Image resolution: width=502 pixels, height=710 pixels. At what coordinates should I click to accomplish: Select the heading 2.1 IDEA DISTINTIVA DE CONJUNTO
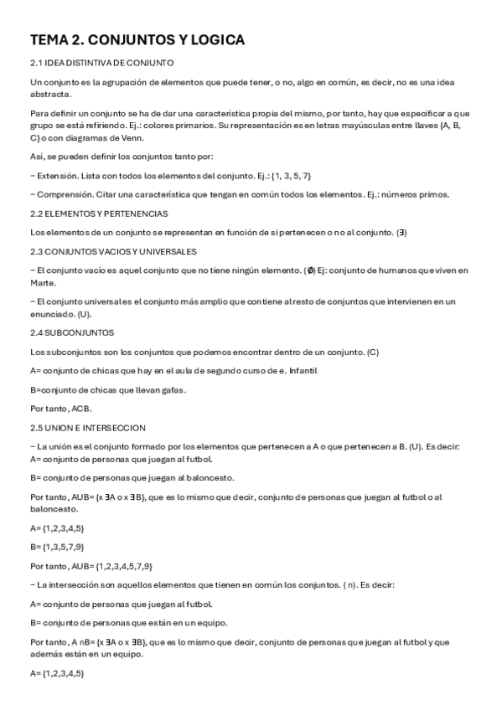click(x=101, y=63)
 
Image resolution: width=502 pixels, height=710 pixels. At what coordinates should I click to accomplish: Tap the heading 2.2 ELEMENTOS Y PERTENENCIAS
click(x=98, y=214)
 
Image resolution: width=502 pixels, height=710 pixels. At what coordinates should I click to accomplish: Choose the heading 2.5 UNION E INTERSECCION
click(x=87, y=427)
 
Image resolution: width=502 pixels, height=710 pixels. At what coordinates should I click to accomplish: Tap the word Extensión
click(x=56, y=175)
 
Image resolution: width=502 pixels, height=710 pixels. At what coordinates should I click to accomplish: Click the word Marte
click(x=42, y=282)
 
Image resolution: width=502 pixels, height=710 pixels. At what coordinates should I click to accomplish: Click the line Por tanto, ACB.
click(x=60, y=409)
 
